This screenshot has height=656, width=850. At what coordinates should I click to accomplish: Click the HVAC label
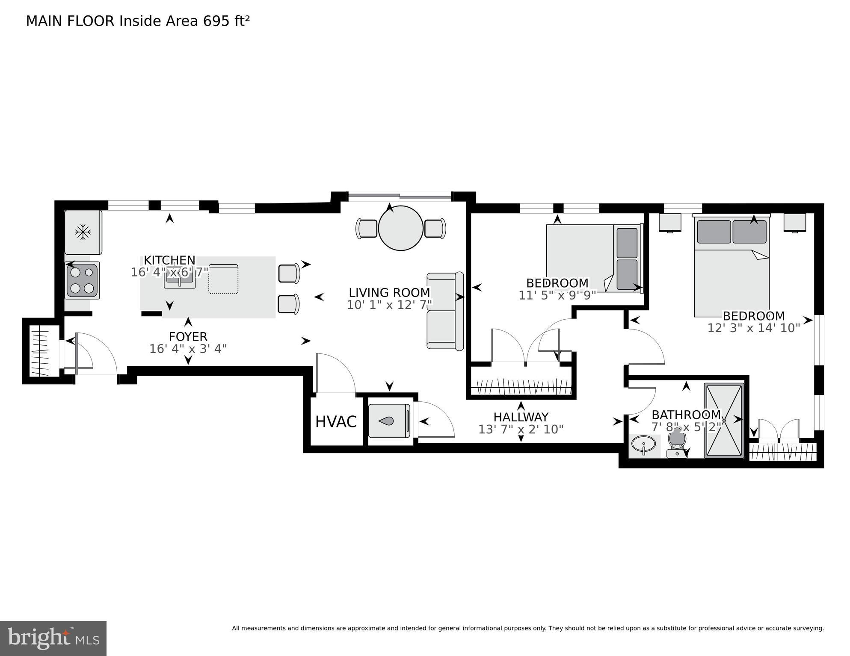point(336,422)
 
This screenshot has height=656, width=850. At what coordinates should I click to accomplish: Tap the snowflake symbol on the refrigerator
point(83,232)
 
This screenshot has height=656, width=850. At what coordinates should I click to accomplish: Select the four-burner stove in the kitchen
point(82,280)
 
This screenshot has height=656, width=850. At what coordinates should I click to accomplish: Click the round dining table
point(400,228)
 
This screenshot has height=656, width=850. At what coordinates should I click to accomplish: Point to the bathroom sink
point(643,444)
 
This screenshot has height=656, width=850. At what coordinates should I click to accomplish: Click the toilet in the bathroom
point(677,444)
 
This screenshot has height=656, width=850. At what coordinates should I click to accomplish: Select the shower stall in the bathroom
point(723,421)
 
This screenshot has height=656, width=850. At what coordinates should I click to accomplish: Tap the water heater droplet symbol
point(386,421)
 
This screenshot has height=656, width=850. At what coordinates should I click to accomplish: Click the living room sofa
point(445,311)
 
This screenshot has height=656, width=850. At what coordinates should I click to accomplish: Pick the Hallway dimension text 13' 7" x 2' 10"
point(521,429)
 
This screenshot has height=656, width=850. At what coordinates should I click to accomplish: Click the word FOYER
point(188,337)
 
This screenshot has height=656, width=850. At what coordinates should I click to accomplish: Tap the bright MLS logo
point(53,638)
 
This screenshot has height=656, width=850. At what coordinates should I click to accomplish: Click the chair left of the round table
point(366,228)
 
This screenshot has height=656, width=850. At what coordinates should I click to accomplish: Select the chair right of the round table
point(435,228)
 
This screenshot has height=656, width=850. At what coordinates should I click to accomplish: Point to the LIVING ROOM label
point(389,293)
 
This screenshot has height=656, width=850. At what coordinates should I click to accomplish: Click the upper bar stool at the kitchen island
point(289,273)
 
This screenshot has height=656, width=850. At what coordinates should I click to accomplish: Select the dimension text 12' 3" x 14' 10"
point(753,328)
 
